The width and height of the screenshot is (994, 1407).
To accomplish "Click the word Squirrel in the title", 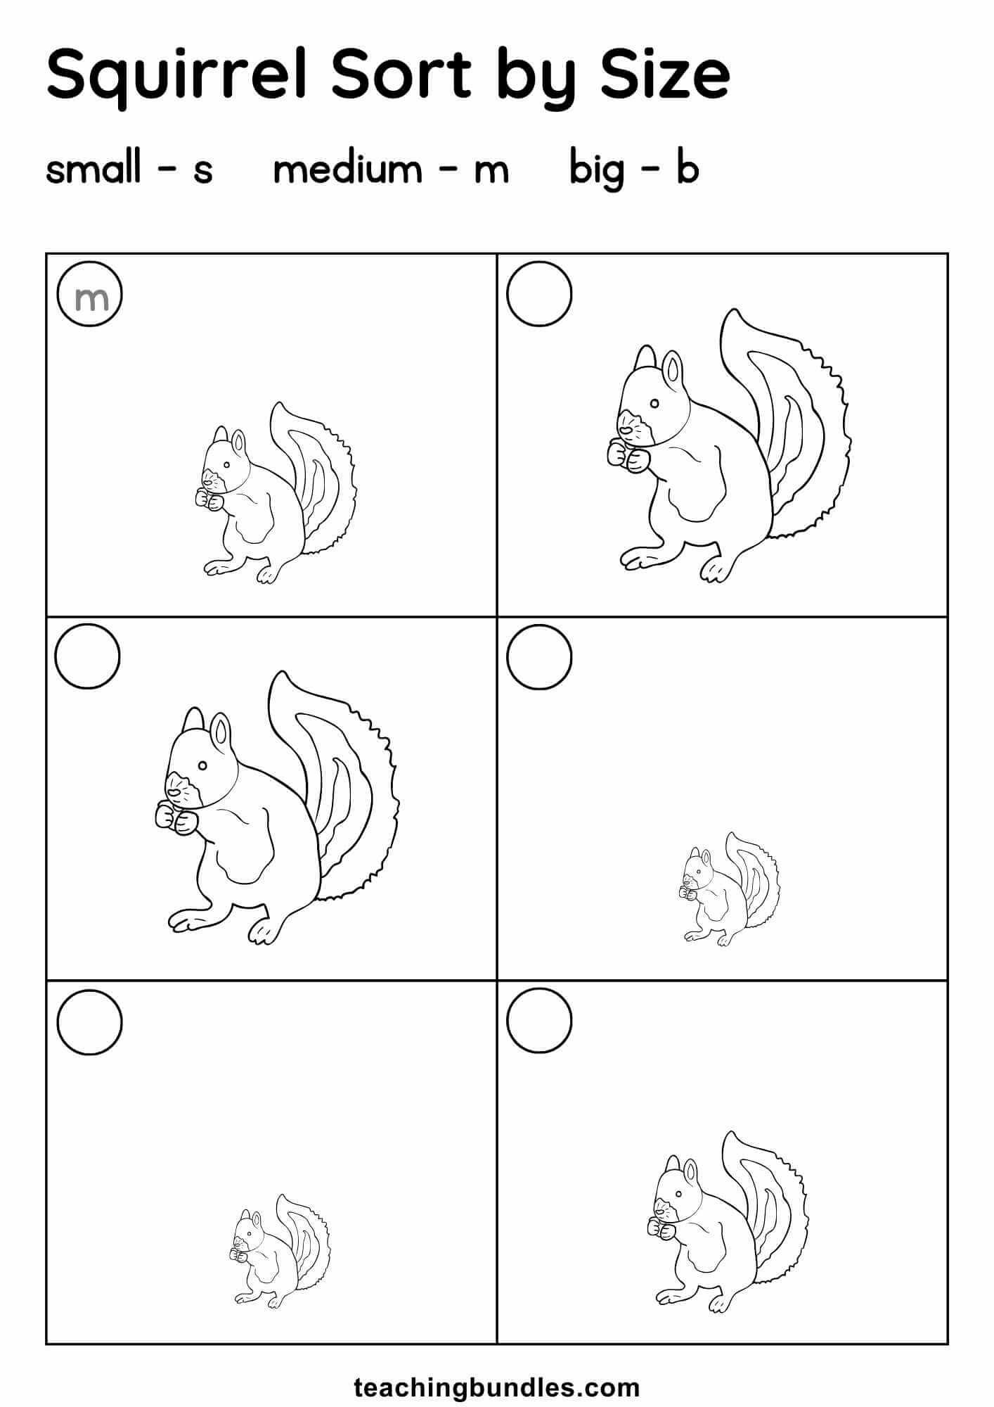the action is [x=178, y=75].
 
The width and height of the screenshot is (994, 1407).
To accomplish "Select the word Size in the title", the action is [x=665, y=75].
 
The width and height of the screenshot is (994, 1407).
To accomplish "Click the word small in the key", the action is [x=93, y=169].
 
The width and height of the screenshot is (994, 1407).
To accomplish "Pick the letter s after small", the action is [x=203, y=171].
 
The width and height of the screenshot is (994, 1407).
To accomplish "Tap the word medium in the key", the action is [x=347, y=169].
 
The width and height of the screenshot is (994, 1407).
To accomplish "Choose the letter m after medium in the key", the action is [x=491, y=171].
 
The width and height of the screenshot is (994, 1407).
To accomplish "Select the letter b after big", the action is [x=688, y=169].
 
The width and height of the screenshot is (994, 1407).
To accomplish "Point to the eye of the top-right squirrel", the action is [x=654, y=404].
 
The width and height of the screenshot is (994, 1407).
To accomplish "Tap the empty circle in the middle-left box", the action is [x=87, y=625].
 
